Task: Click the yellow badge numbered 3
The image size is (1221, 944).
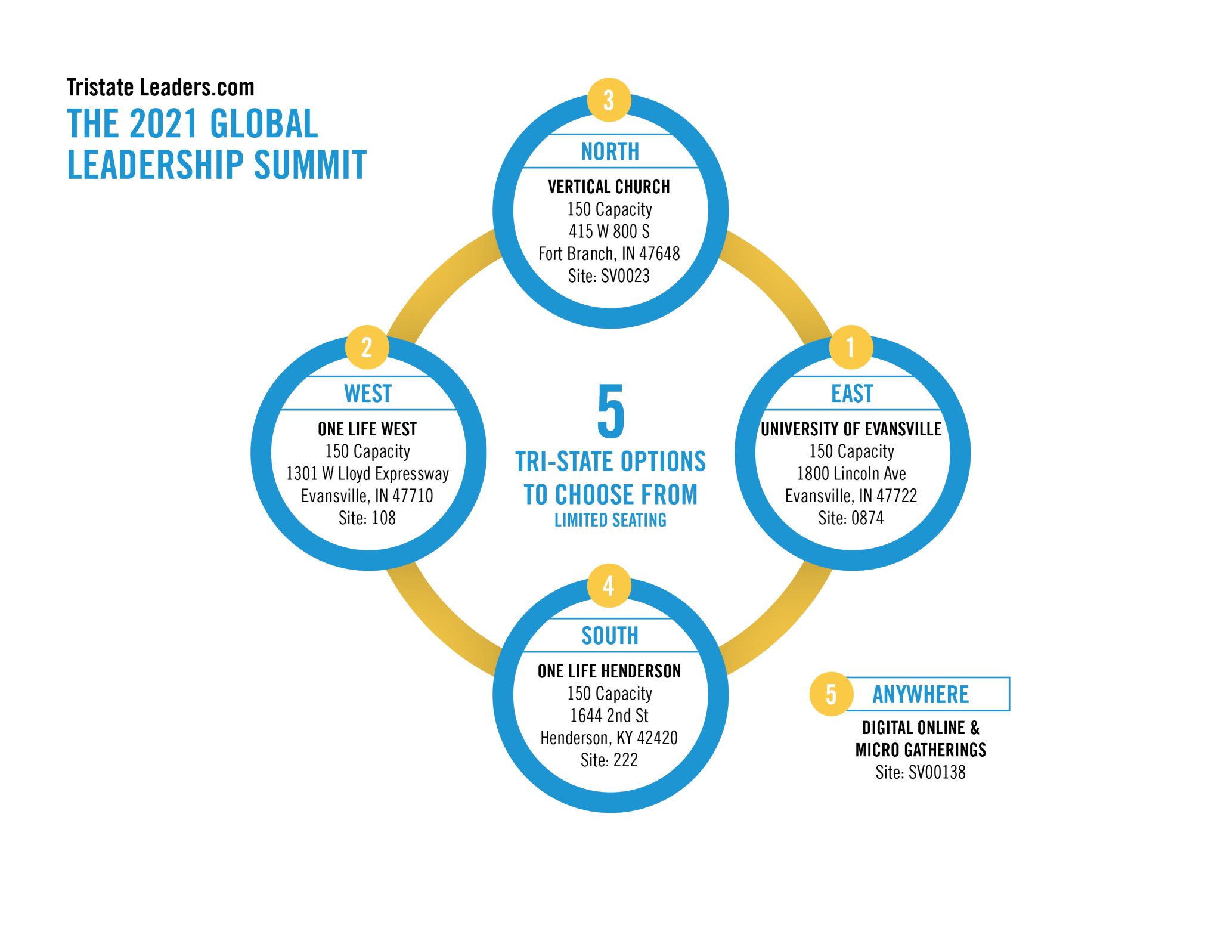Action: tap(609, 100)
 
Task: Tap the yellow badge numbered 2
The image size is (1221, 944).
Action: tap(367, 347)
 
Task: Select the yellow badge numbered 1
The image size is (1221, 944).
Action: tap(851, 347)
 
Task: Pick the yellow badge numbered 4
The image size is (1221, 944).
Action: tap(609, 586)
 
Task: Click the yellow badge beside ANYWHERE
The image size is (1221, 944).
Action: tap(831, 694)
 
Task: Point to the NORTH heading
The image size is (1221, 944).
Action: tap(610, 151)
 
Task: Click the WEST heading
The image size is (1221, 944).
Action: tap(368, 394)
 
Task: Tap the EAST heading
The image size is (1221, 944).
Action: tap(852, 394)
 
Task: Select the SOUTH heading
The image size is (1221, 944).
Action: tap(610, 636)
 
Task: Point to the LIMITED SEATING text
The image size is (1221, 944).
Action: tap(610, 520)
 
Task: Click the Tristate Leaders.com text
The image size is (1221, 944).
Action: tap(160, 88)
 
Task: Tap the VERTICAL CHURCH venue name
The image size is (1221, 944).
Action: tap(609, 187)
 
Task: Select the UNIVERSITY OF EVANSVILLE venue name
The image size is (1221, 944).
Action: tap(851, 429)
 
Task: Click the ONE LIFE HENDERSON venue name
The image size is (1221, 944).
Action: tap(609, 671)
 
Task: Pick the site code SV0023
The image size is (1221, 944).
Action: tap(625, 276)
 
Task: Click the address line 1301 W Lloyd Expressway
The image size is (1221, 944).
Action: tap(367, 473)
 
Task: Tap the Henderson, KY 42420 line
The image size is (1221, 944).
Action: tap(609, 738)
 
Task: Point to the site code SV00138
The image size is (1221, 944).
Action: tap(937, 773)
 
